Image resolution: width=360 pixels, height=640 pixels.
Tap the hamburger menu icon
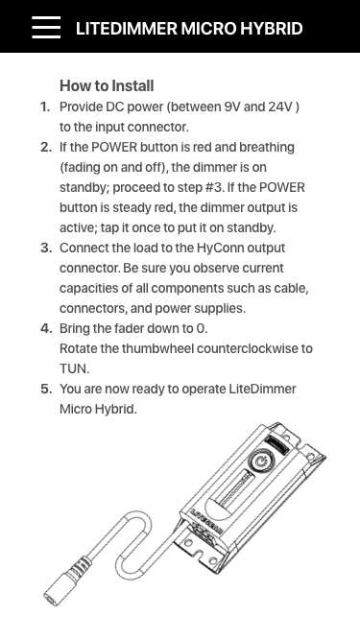click(46, 28)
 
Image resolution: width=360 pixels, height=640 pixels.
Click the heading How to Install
click(107, 85)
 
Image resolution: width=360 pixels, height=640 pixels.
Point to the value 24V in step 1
click(281, 107)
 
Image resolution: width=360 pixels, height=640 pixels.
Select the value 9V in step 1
click(231, 107)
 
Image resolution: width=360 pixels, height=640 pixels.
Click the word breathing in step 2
click(267, 148)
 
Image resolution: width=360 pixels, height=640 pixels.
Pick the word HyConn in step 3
click(221, 249)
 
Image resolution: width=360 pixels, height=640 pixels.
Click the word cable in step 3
click(293, 288)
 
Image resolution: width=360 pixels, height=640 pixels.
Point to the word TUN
click(74, 369)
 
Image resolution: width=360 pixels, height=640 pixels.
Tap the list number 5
click(46, 389)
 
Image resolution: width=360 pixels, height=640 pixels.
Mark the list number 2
click(46, 148)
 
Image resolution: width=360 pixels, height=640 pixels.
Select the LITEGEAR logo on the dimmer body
click(206, 522)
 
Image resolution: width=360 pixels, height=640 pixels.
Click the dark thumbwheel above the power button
click(277, 443)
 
